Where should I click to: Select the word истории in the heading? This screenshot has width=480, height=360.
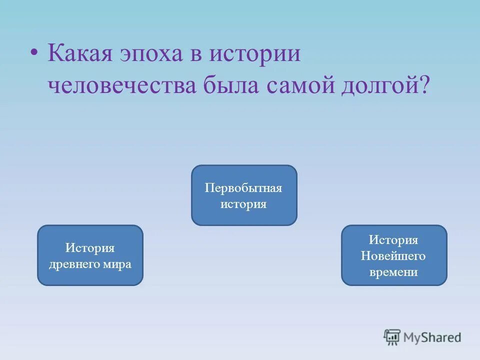click(x=255, y=53)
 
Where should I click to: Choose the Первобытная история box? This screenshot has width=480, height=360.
click(x=244, y=195)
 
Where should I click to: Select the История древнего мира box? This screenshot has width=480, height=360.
click(x=90, y=255)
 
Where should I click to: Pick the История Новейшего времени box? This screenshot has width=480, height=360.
click(x=394, y=255)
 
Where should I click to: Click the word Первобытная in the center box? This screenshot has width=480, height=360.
click(x=244, y=188)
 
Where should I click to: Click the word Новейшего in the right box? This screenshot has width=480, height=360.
click(x=394, y=256)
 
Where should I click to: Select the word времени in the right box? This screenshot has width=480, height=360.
click(x=394, y=272)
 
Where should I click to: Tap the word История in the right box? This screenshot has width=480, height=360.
click(x=394, y=240)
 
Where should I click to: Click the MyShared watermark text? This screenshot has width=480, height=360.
click(x=432, y=337)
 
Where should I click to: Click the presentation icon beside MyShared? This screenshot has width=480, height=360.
click(x=392, y=337)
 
